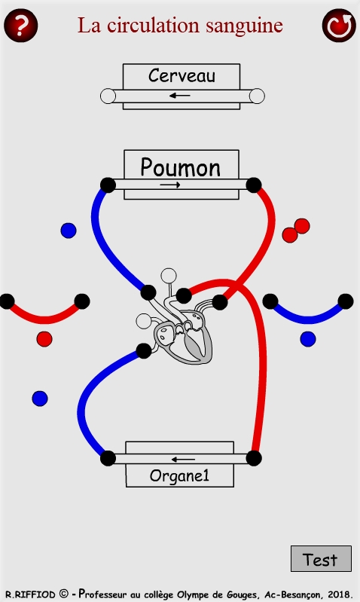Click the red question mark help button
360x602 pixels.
tap(21, 26)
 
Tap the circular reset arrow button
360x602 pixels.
tap(339, 26)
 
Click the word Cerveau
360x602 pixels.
tap(182, 75)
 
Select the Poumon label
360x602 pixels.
tap(181, 167)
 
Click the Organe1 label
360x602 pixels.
tap(179, 475)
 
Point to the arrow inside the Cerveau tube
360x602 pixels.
tap(179, 96)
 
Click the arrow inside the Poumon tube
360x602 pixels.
tap(170, 185)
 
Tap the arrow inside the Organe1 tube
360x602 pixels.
tap(183, 459)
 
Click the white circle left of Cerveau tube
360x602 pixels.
tap(108, 96)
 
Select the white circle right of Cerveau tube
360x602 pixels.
tap(257, 96)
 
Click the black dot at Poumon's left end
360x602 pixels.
tap(108, 185)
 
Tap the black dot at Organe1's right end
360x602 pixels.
tap(254, 458)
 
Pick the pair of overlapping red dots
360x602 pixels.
tap(296, 231)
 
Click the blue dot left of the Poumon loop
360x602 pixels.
tap(69, 231)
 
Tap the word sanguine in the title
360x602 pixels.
tap(244, 26)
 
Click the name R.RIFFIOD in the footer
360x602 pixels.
tap(30, 594)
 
